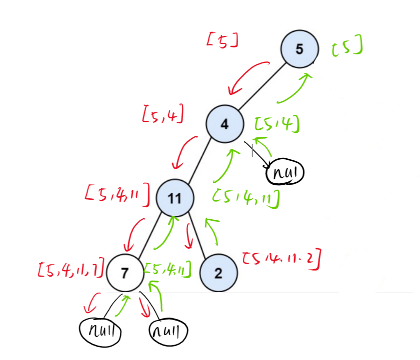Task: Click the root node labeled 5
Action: pos(299,49)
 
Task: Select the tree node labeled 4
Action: pos(225,124)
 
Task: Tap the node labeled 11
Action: pos(174,198)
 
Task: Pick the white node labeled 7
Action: pos(125,273)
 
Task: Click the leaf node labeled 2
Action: pos(218,273)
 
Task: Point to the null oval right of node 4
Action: pos(286,173)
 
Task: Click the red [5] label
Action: pos(221,40)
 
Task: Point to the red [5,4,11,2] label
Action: pos(281,260)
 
